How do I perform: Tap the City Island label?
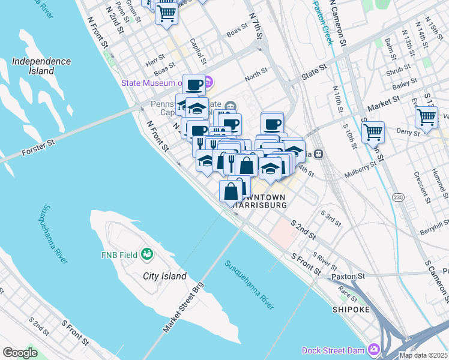click(164, 277)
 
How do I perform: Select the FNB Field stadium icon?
click(146, 256)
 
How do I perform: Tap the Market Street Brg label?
click(184, 311)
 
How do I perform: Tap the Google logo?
click(20, 353)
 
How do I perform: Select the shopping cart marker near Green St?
click(166, 13)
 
